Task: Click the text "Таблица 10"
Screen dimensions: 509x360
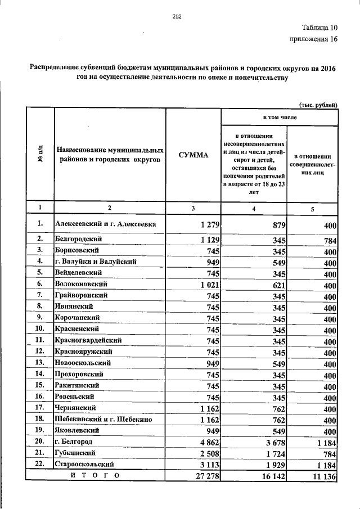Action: point(318,28)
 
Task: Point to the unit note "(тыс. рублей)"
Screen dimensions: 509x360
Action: point(318,103)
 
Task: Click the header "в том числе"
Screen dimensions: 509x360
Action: point(280,117)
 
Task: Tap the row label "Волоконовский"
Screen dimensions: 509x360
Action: point(82,285)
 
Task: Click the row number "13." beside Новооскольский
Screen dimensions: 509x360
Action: point(39,362)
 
